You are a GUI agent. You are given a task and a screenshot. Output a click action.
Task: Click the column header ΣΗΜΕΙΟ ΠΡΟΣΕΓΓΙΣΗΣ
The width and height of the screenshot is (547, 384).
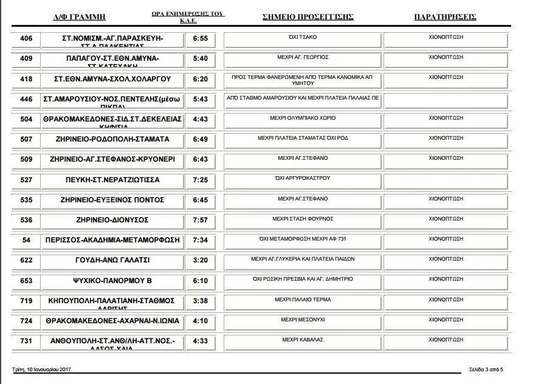pyautogui.click(x=308, y=17)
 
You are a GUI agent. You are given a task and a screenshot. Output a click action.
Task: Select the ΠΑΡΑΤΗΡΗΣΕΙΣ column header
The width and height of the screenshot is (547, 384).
pyautogui.click(x=445, y=17)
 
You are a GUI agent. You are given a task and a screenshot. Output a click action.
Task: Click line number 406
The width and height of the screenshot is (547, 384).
pyautogui.click(x=26, y=38)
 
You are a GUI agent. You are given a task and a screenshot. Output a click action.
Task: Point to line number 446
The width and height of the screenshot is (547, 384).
pyautogui.click(x=26, y=99)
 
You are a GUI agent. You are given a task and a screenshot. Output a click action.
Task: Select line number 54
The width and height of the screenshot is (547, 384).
pyautogui.click(x=26, y=240)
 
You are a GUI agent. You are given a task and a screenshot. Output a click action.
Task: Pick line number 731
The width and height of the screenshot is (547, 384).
pyautogui.click(x=26, y=341)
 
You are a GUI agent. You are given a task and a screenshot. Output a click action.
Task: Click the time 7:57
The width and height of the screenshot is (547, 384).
pyautogui.click(x=200, y=220)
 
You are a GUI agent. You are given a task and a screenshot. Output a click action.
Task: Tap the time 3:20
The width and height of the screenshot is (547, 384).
pyautogui.click(x=200, y=260)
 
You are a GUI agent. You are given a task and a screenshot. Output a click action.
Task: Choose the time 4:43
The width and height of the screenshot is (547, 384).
pyautogui.click(x=200, y=119)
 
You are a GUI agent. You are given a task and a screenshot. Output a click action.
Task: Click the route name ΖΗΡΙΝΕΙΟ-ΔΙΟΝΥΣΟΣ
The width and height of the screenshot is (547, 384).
pyautogui.click(x=112, y=220)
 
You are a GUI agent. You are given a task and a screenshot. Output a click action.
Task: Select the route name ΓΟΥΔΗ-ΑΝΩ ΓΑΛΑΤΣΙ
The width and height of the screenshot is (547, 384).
pyautogui.click(x=112, y=260)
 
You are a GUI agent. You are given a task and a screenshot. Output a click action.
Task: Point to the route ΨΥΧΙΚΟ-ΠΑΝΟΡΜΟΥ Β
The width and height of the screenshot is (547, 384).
pyautogui.click(x=112, y=281)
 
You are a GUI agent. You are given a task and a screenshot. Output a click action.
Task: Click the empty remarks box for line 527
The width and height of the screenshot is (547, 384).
pyautogui.click(x=446, y=180)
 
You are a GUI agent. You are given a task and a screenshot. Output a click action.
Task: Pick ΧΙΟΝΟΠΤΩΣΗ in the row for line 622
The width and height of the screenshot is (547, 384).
pyautogui.click(x=446, y=258)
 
